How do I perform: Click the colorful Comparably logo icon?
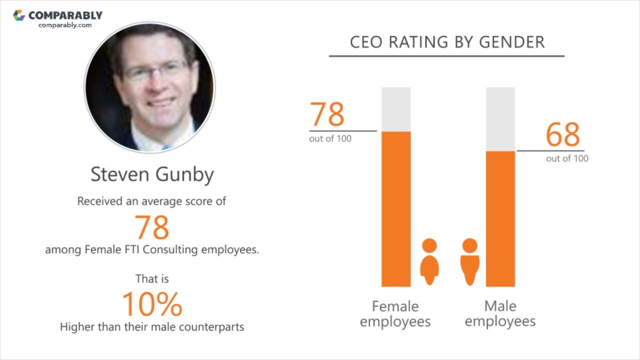point(19,15)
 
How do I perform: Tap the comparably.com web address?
point(65,25)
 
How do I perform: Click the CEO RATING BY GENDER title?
point(447,42)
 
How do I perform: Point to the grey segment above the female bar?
point(396,109)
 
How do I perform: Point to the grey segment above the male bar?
point(500,119)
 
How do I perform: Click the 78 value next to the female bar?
point(327,114)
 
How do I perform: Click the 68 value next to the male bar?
point(562,134)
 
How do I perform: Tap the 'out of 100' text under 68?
point(567,158)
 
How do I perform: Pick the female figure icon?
point(429,261)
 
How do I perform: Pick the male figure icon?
point(469,261)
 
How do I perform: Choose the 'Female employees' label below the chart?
point(395,313)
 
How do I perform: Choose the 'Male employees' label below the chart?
point(500,313)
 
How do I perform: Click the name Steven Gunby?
point(152,174)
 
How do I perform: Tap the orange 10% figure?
point(152,304)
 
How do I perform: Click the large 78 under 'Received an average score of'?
point(152,227)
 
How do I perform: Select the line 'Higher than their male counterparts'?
point(152,327)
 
